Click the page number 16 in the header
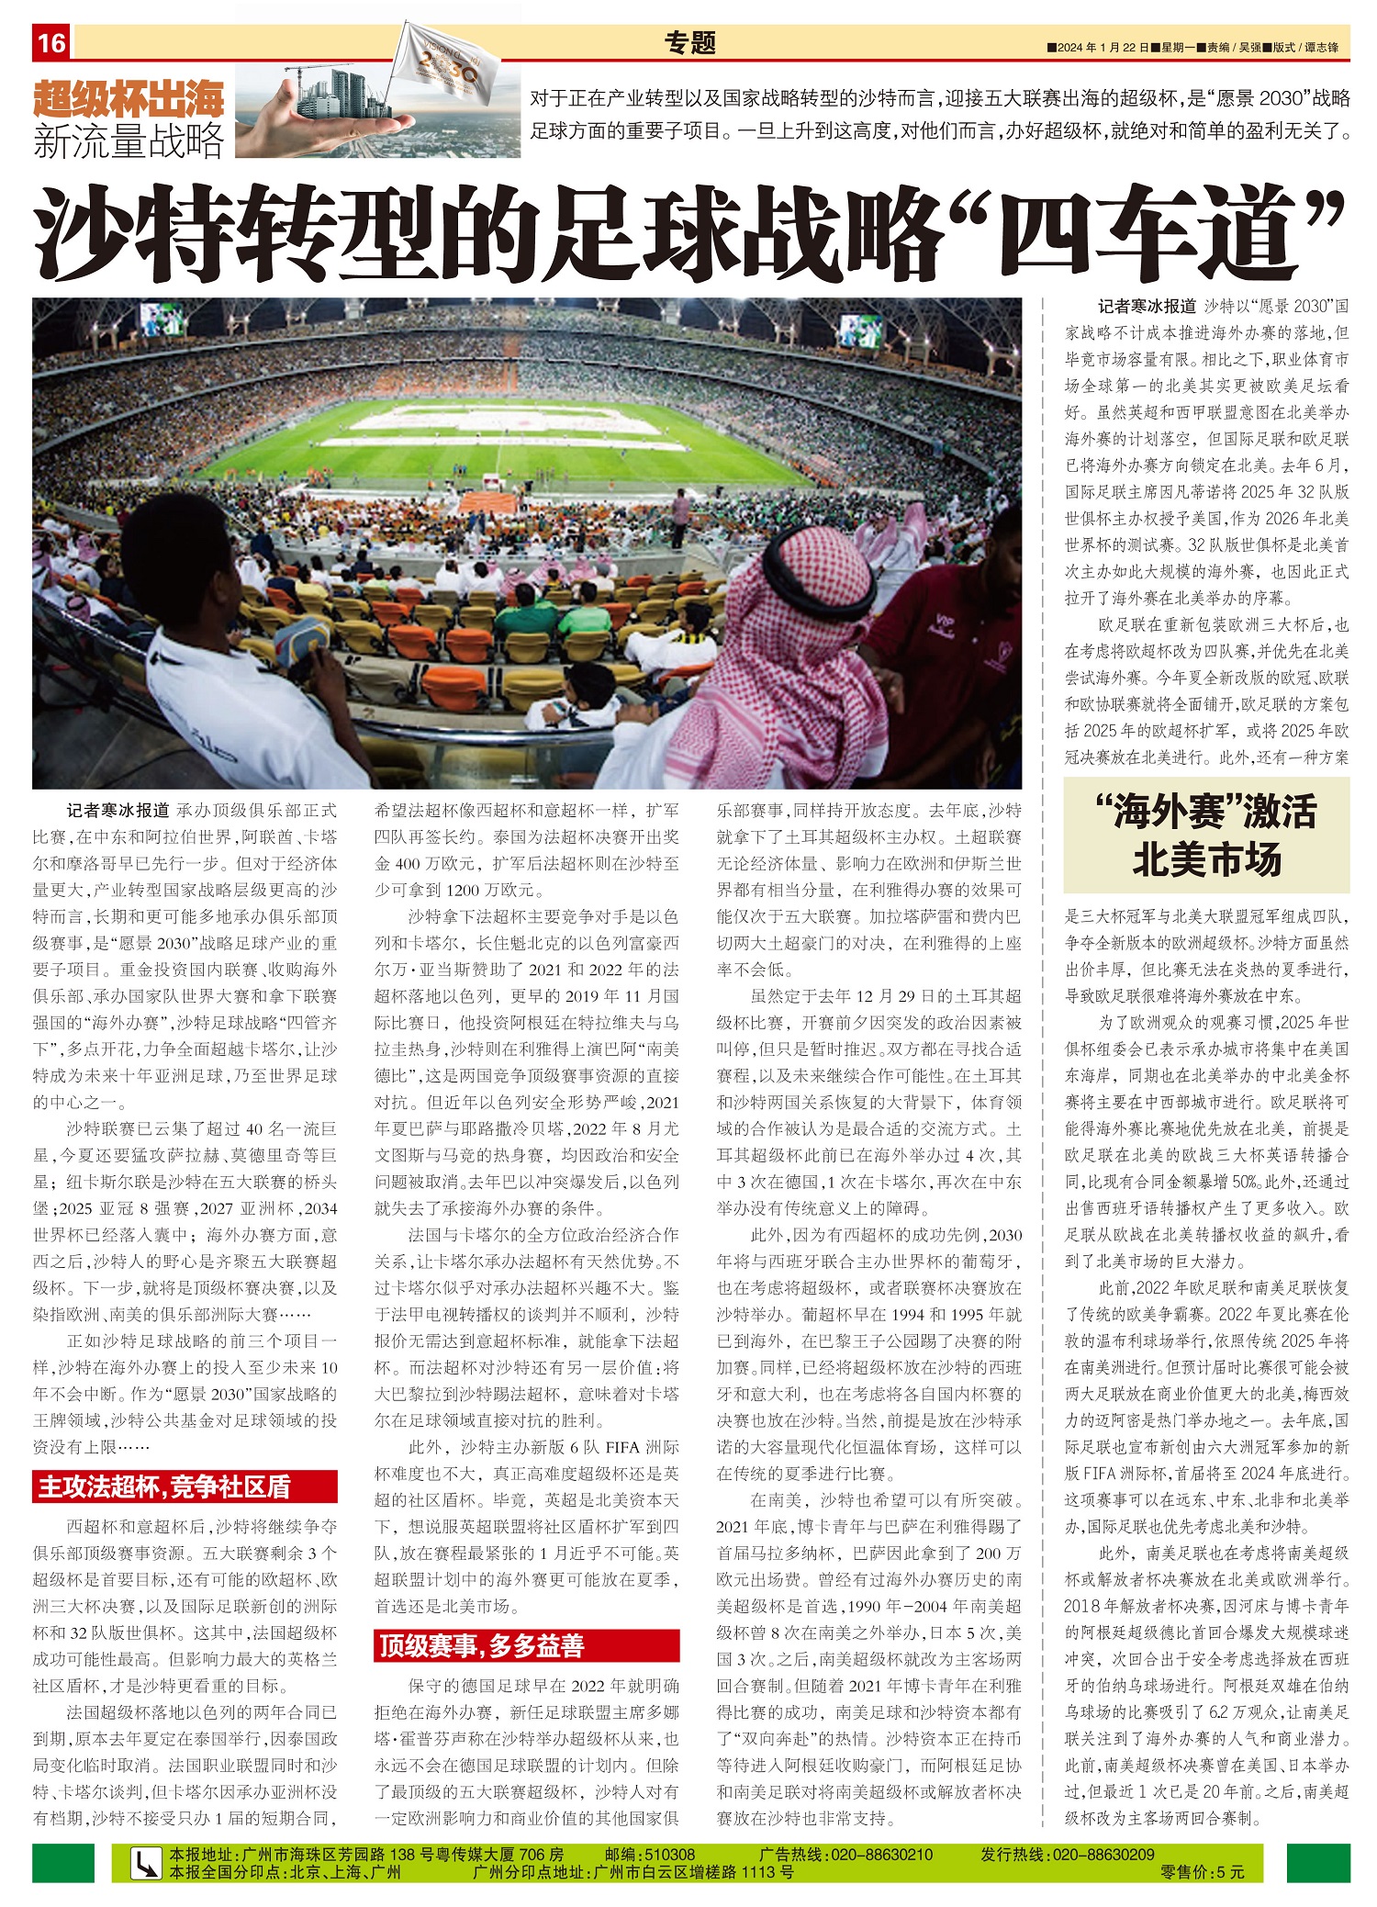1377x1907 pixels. [51, 42]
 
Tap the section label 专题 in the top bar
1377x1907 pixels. [689, 42]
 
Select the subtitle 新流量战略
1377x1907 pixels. [129, 140]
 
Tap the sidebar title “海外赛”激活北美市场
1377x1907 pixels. [1205, 836]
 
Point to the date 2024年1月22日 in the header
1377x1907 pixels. [1103, 47]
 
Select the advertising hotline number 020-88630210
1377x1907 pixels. [880, 1855]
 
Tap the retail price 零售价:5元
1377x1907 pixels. [1203, 1872]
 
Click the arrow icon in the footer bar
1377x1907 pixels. [144, 1864]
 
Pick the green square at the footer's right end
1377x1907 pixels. [1317, 1863]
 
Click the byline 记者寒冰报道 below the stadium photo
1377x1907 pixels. [118, 811]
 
